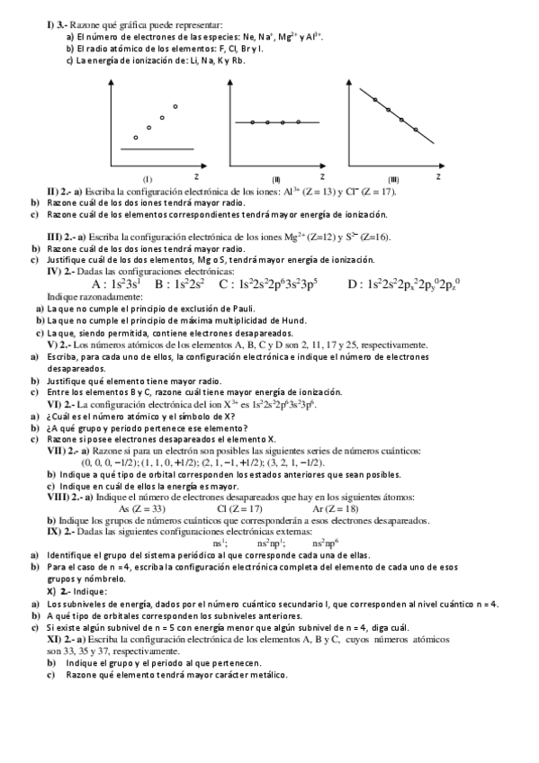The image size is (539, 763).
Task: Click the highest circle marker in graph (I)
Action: [175, 107]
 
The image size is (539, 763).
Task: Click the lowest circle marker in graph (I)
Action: [135, 138]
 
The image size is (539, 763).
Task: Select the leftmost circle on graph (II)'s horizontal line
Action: [254, 121]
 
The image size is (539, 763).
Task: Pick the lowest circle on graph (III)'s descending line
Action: [416, 130]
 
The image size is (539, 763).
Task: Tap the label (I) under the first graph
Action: [148, 178]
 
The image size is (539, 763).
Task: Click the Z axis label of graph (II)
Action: [321, 175]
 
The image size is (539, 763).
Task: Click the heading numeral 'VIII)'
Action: [59, 497]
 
